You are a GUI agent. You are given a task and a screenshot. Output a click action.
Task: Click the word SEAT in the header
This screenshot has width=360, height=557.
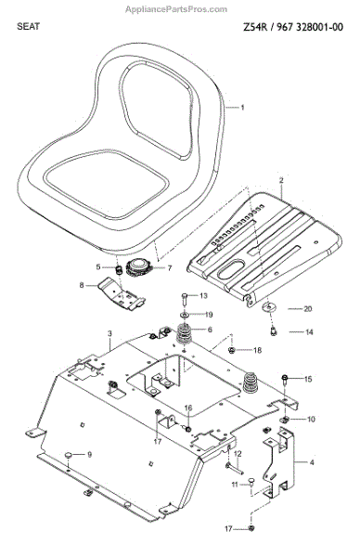click(28, 26)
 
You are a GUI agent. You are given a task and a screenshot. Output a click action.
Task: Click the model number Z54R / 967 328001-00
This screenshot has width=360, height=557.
click(293, 27)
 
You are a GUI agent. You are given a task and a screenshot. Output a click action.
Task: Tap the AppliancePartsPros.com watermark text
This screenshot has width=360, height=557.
click(176, 9)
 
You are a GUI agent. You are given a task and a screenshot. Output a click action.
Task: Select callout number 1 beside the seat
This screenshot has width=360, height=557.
click(242, 108)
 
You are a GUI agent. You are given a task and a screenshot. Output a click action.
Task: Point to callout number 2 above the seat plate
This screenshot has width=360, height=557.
click(281, 180)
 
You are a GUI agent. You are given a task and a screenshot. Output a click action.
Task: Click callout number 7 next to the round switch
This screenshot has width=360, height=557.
click(170, 267)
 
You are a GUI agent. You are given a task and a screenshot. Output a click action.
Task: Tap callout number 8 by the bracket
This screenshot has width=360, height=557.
click(82, 285)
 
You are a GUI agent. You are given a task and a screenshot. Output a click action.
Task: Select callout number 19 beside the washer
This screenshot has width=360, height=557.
click(209, 315)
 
